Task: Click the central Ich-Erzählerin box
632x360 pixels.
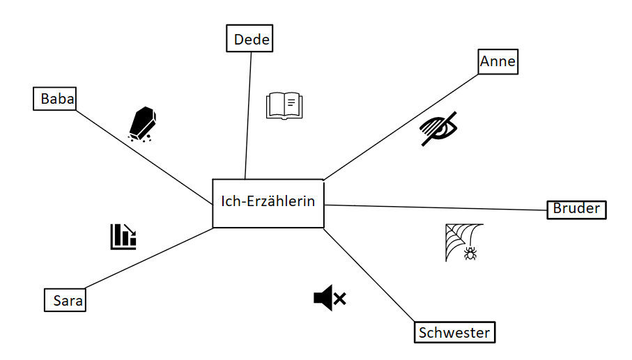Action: point(268,203)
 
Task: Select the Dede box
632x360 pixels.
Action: point(249,38)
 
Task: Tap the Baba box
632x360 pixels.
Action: point(55,98)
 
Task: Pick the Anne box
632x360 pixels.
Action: point(498,61)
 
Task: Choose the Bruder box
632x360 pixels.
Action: point(576,209)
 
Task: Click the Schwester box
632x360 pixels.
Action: point(454,333)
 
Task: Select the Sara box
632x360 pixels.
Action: point(65,301)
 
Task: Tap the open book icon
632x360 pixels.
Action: point(285,106)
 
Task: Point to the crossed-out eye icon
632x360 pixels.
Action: point(439,128)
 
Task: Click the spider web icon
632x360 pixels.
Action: point(461,240)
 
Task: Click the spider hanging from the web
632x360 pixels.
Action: point(471,255)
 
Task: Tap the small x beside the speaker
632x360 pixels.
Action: point(340,299)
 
